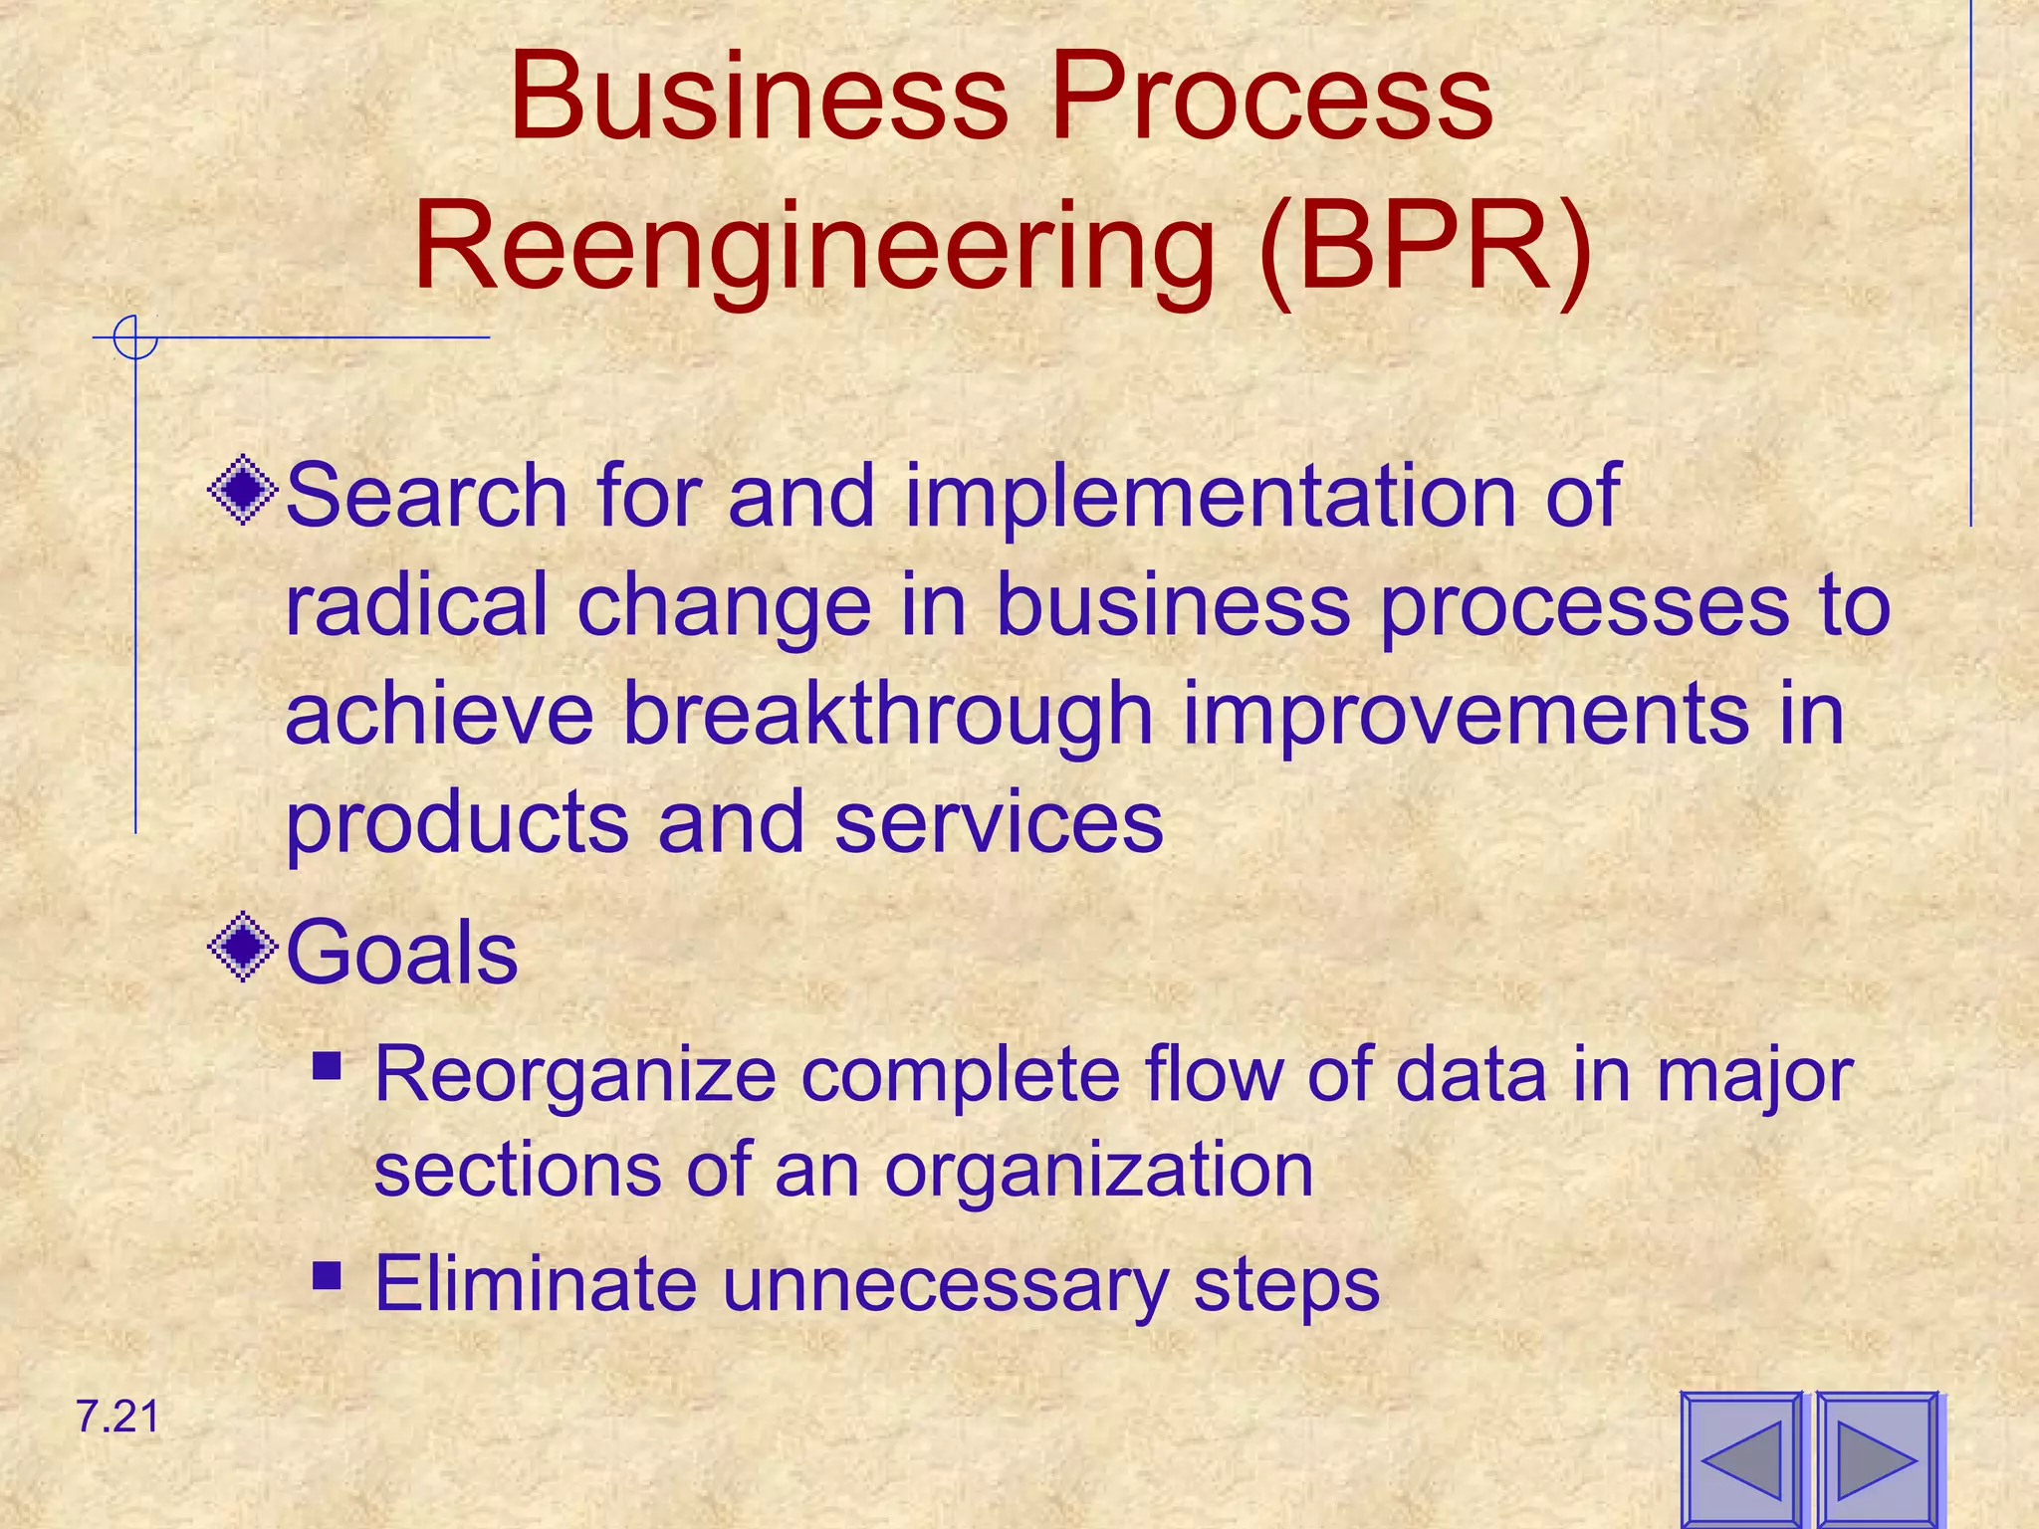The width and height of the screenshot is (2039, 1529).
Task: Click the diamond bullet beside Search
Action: [243, 490]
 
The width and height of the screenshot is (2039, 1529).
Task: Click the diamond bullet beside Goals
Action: [243, 948]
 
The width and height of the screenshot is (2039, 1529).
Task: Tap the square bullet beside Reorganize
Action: [327, 1069]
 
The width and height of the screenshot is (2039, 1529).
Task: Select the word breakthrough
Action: [887, 717]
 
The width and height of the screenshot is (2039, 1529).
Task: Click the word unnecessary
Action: [945, 1284]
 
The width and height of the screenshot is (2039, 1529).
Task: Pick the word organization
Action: [1098, 1171]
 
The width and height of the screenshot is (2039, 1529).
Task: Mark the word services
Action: [999, 822]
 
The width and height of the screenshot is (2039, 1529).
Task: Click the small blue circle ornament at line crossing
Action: [135, 337]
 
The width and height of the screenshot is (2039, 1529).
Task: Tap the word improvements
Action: [1465, 717]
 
